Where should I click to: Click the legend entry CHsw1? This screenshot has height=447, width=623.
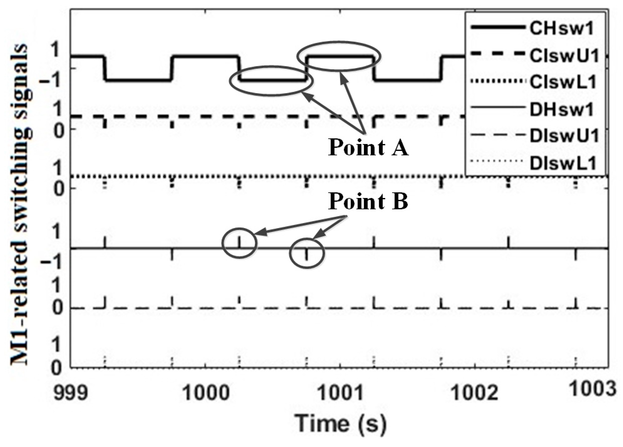point(561,29)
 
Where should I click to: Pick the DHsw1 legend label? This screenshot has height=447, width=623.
point(561,110)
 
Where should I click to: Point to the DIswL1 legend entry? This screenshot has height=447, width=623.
point(563,163)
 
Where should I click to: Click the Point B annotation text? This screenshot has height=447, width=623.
point(368,201)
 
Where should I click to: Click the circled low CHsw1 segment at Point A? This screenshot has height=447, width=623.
point(272,80)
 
